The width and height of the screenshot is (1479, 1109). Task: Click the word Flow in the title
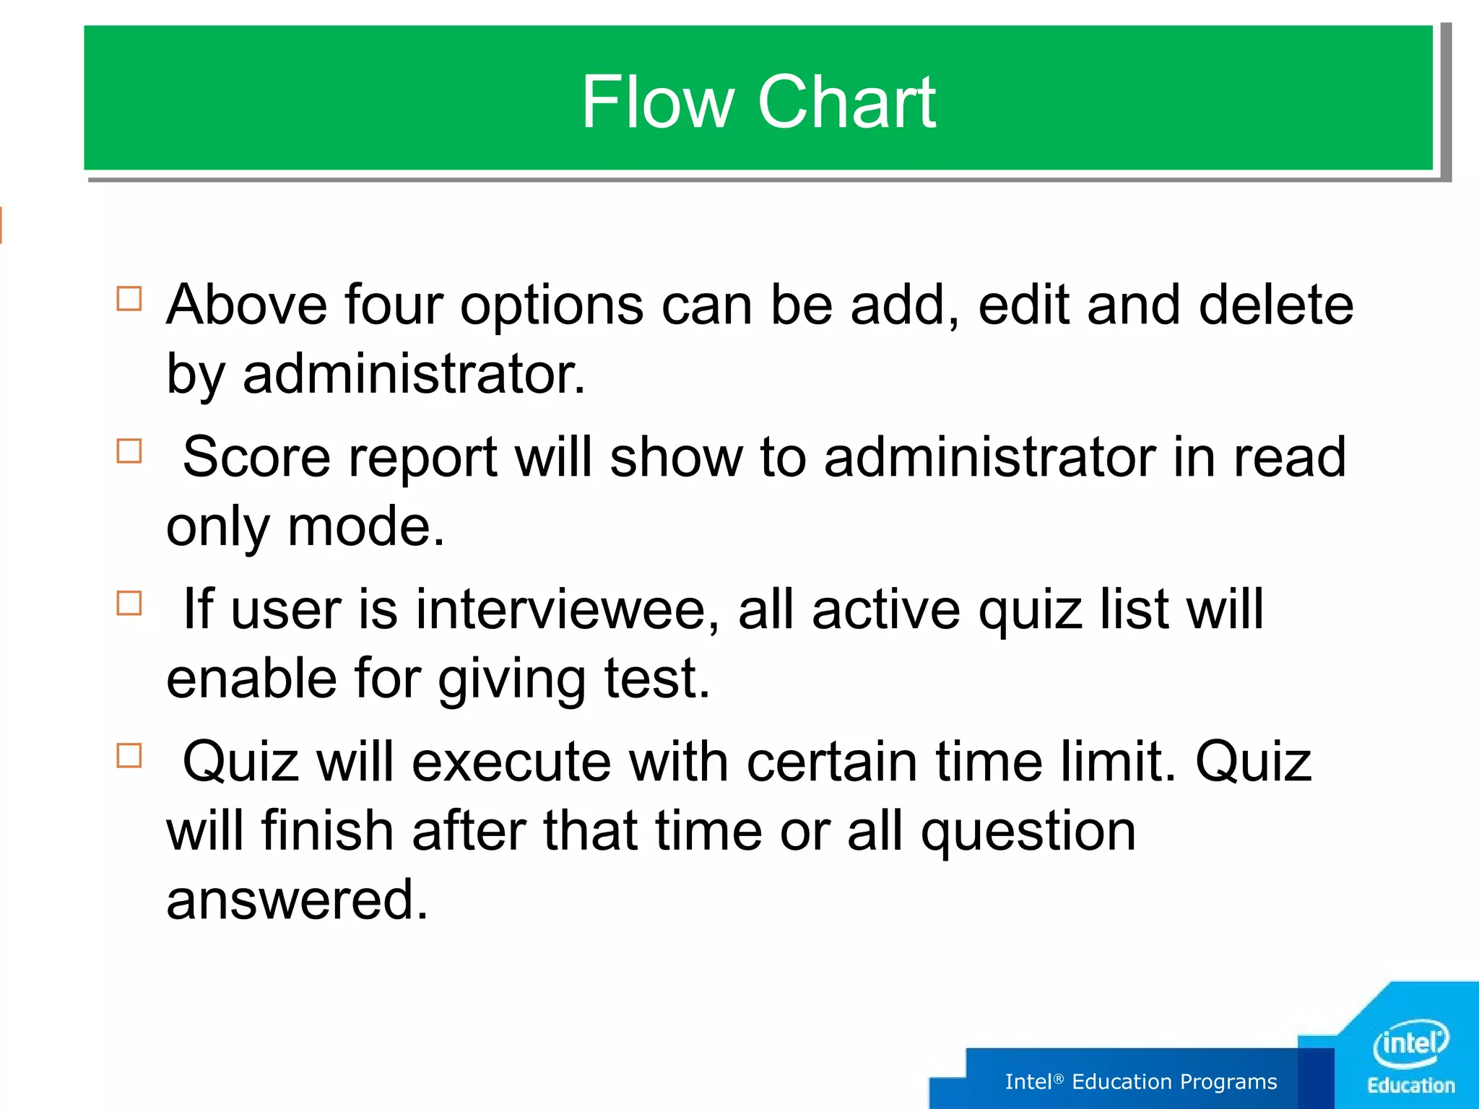click(x=656, y=103)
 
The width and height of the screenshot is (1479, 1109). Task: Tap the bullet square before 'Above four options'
click(x=129, y=298)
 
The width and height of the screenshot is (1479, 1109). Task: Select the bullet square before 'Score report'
click(x=129, y=451)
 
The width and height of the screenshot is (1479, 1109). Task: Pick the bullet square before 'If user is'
click(x=129, y=603)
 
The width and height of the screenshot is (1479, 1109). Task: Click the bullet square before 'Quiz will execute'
click(x=129, y=755)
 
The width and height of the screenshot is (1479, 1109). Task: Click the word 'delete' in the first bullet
click(x=1276, y=305)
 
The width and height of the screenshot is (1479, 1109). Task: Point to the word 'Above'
click(x=246, y=305)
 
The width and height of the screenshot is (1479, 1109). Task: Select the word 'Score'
click(x=256, y=458)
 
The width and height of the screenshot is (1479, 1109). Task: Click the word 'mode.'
click(x=366, y=527)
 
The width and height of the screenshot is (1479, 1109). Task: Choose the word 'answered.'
click(x=298, y=900)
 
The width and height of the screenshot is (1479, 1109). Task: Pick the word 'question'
click(x=1028, y=832)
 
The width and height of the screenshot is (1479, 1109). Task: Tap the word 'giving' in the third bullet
click(x=512, y=680)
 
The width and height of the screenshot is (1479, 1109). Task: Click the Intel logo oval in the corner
click(x=1410, y=1043)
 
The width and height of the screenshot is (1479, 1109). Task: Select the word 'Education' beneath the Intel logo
click(x=1410, y=1086)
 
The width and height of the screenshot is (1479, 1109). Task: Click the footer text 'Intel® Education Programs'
click(x=1140, y=1082)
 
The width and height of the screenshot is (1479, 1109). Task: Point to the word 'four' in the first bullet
click(x=394, y=305)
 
